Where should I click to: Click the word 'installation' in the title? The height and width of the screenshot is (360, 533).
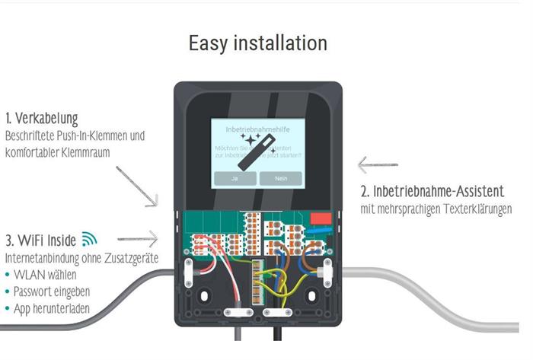click(x=279, y=43)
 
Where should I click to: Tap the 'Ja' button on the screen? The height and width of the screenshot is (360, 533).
click(x=233, y=178)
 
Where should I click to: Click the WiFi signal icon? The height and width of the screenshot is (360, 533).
click(x=89, y=239)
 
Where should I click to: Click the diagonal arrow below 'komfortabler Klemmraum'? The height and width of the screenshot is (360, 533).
click(x=137, y=186)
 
